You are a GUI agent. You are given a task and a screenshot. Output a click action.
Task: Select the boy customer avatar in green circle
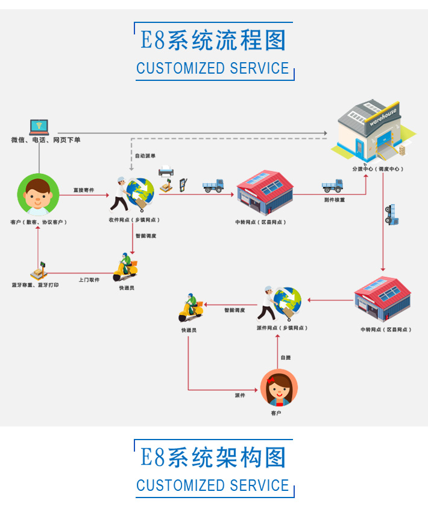click(39, 194)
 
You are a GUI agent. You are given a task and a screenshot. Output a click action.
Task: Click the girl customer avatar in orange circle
click(279, 388)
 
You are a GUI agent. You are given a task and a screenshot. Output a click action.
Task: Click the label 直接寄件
click(84, 190)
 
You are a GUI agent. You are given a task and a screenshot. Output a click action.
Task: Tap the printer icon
click(165, 172)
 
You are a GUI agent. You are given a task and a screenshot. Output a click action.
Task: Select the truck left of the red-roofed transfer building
click(213, 185)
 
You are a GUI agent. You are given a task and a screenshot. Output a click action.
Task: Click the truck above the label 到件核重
click(333, 185)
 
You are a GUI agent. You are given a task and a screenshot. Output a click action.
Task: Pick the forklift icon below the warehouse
click(391, 215)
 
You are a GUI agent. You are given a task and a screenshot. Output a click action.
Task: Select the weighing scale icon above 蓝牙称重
click(39, 270)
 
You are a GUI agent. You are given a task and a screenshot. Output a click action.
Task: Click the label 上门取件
click(89, 280)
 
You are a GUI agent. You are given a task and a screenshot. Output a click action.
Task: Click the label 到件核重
click(334, 200)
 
